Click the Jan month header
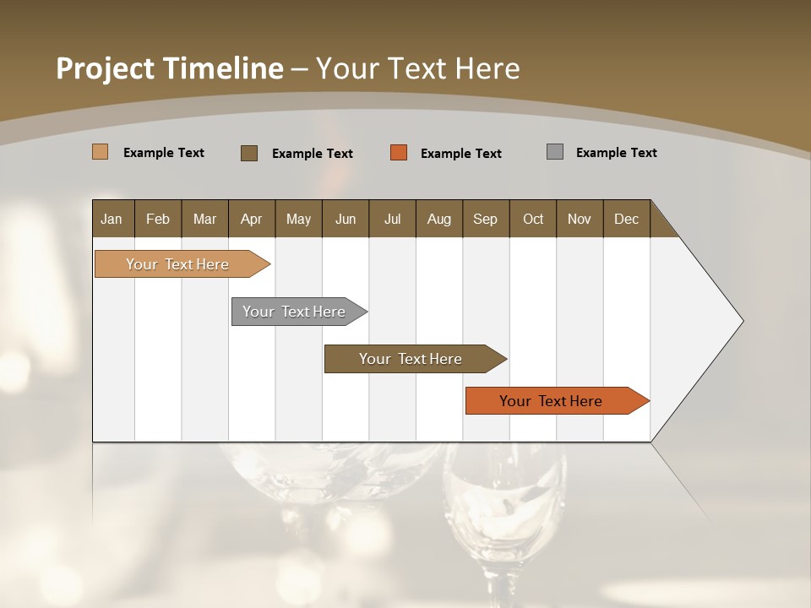pos(112,219)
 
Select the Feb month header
pos(158,219)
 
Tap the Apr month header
pos(251,219)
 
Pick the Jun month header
pos(346,219)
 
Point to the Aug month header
pos(438,219)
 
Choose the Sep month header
pos(485,219)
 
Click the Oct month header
pos(533,219)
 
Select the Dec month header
pos(626,219)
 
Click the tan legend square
pos(100,152)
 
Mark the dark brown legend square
pos(249,153)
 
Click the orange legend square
pos(399,153)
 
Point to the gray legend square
pos(555,152)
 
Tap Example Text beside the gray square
pos(616,153)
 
